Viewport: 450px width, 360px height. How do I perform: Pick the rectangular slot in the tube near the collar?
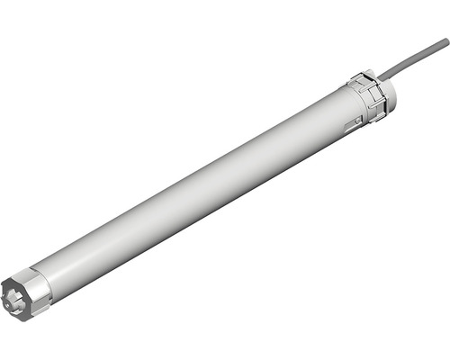tap(353, 118)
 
